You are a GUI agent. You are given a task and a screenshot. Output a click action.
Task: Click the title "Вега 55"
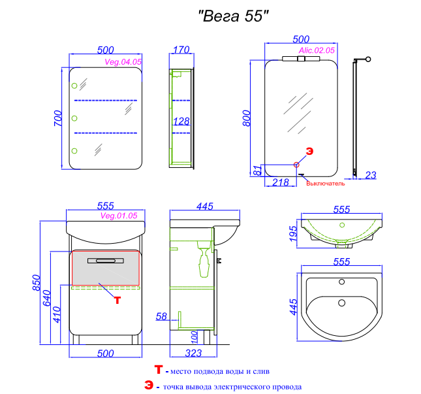pos(233,16)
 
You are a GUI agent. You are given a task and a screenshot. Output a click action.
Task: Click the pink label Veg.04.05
pos(123,62)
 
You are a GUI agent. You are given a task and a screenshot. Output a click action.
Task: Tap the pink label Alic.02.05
pos(317,50)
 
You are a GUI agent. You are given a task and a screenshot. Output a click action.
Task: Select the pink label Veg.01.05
pos(119,216)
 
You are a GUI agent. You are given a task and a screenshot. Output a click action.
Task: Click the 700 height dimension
pos(57,118)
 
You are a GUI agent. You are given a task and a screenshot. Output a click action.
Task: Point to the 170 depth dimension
pos(181,50)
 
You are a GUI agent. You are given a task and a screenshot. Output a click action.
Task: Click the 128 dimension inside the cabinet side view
pos(181,122)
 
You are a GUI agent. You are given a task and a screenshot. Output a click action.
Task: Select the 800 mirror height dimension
pos(246,118)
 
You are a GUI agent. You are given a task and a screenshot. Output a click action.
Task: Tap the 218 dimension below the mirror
pos(281,182)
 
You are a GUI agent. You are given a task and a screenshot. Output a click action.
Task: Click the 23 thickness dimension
pos(371,175)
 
